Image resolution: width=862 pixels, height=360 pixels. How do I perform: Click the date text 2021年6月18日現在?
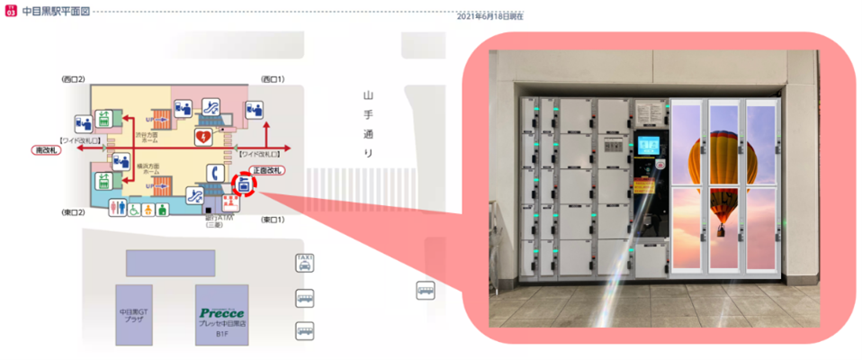click(489, 16)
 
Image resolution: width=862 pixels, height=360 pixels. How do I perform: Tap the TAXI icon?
click(305, 262)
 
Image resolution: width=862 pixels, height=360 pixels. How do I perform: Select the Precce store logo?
click(221, 313)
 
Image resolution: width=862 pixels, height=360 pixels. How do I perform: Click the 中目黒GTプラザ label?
click(133, 316)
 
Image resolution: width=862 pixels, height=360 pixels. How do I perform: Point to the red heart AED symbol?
click(203, 136)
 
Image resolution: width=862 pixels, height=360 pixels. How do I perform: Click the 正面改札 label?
click(267, 170)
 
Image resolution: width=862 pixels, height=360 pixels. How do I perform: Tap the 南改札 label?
click(45, 149)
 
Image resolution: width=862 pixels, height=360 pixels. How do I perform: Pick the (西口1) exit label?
click(273, 79)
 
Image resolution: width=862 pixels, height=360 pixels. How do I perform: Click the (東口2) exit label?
click(73, 213)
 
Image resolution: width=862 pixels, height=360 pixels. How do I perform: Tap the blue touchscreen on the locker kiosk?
click(646, 145)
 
